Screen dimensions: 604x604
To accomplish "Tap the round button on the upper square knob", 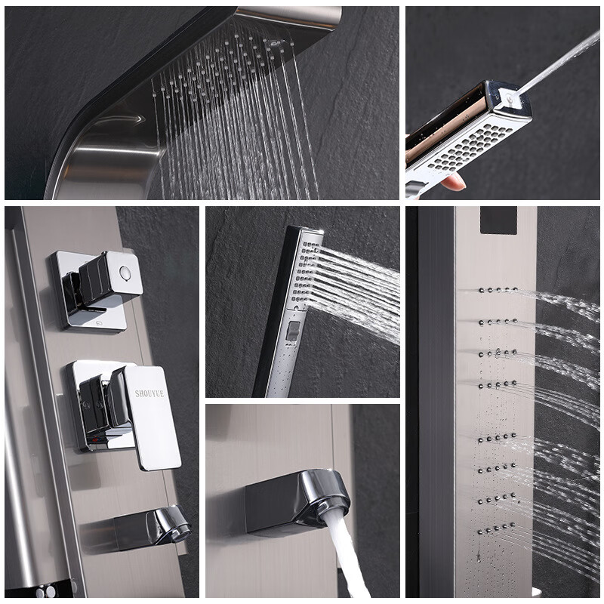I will point(125,272).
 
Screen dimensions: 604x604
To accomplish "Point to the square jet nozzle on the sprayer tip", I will point(510,97).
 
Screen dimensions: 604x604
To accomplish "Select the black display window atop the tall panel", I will point(498,220).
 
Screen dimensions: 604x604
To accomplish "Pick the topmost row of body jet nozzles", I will point(498,290).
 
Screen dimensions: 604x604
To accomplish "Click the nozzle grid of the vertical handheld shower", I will point(304,272).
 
